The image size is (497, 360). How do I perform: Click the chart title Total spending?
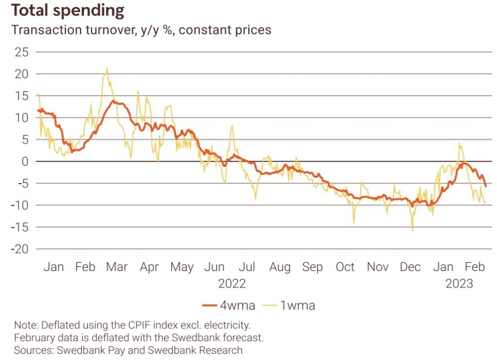(68, 11)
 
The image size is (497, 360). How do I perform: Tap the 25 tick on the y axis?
(21, 52)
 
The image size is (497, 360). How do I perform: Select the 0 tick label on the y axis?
(25, 161)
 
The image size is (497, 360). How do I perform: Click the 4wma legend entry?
(229, 305)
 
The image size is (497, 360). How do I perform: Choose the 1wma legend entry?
(291, 305)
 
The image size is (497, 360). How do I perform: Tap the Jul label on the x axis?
(248, 267)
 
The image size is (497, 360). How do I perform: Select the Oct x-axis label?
(345, 267)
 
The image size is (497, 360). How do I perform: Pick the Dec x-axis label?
(410, 267)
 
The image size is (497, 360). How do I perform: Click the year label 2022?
(232, 283)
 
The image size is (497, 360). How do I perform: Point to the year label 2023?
(459, 283)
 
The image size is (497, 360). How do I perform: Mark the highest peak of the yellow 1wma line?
(107, 68)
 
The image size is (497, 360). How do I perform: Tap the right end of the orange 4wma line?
(486, 186)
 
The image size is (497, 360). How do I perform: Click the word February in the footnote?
(34, 337)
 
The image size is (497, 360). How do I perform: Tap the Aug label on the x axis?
(280, 267)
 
